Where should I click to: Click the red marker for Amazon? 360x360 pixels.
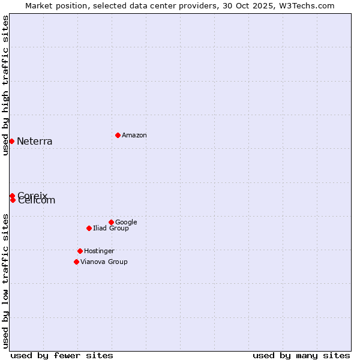[118, 135]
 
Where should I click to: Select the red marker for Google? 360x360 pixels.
[111, 222]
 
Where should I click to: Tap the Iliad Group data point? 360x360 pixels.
[89, 228]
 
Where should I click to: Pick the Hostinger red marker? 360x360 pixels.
[80, 251]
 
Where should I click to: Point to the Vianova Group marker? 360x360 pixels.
[76, 262]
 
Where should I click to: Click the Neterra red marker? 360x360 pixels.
[11, 141]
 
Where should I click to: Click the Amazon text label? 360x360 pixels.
[134, 136]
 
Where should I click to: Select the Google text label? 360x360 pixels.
[126, 223]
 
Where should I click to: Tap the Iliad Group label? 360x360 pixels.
[111, 229]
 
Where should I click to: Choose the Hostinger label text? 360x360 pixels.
[99, 251]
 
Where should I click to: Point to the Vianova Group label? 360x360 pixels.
[104, 262]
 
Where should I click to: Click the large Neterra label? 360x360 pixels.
[35, 142]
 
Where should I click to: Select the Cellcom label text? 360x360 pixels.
[37, 201]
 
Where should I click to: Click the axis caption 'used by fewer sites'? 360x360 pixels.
[62, 356]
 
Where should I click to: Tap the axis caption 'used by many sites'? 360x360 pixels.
[301, 356]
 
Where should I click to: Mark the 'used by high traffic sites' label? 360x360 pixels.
[6, 85]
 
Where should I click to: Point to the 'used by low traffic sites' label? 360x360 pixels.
[6, 281]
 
